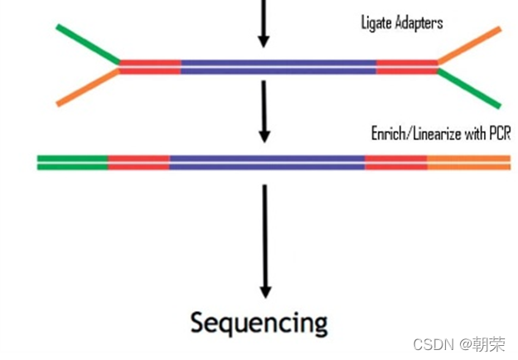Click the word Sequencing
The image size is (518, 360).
pyautogui.click(x=259, y=322)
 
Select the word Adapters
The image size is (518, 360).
pyautogui.click(x=418, y=22)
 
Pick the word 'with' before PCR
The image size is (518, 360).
pyautogui.click(x=472, y=133)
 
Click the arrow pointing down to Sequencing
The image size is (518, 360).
pyautogui.click(x=265, y=241)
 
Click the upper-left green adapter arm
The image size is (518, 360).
pyautogui.click(x=88, y=43)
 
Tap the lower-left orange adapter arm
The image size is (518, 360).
pyautogui.click(x=88, y=88)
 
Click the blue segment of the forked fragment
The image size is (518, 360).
pyautogui.click(x=278, y=66)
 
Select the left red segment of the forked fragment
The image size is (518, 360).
pyautogui.click(x=150, y=66)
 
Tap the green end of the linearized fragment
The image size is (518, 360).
pyautogui.click(x=72, y=162)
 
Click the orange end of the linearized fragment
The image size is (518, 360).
pyautogui.click(x=468, y=162)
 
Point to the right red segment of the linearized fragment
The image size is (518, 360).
pyautogui.click(x=395, y=162)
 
